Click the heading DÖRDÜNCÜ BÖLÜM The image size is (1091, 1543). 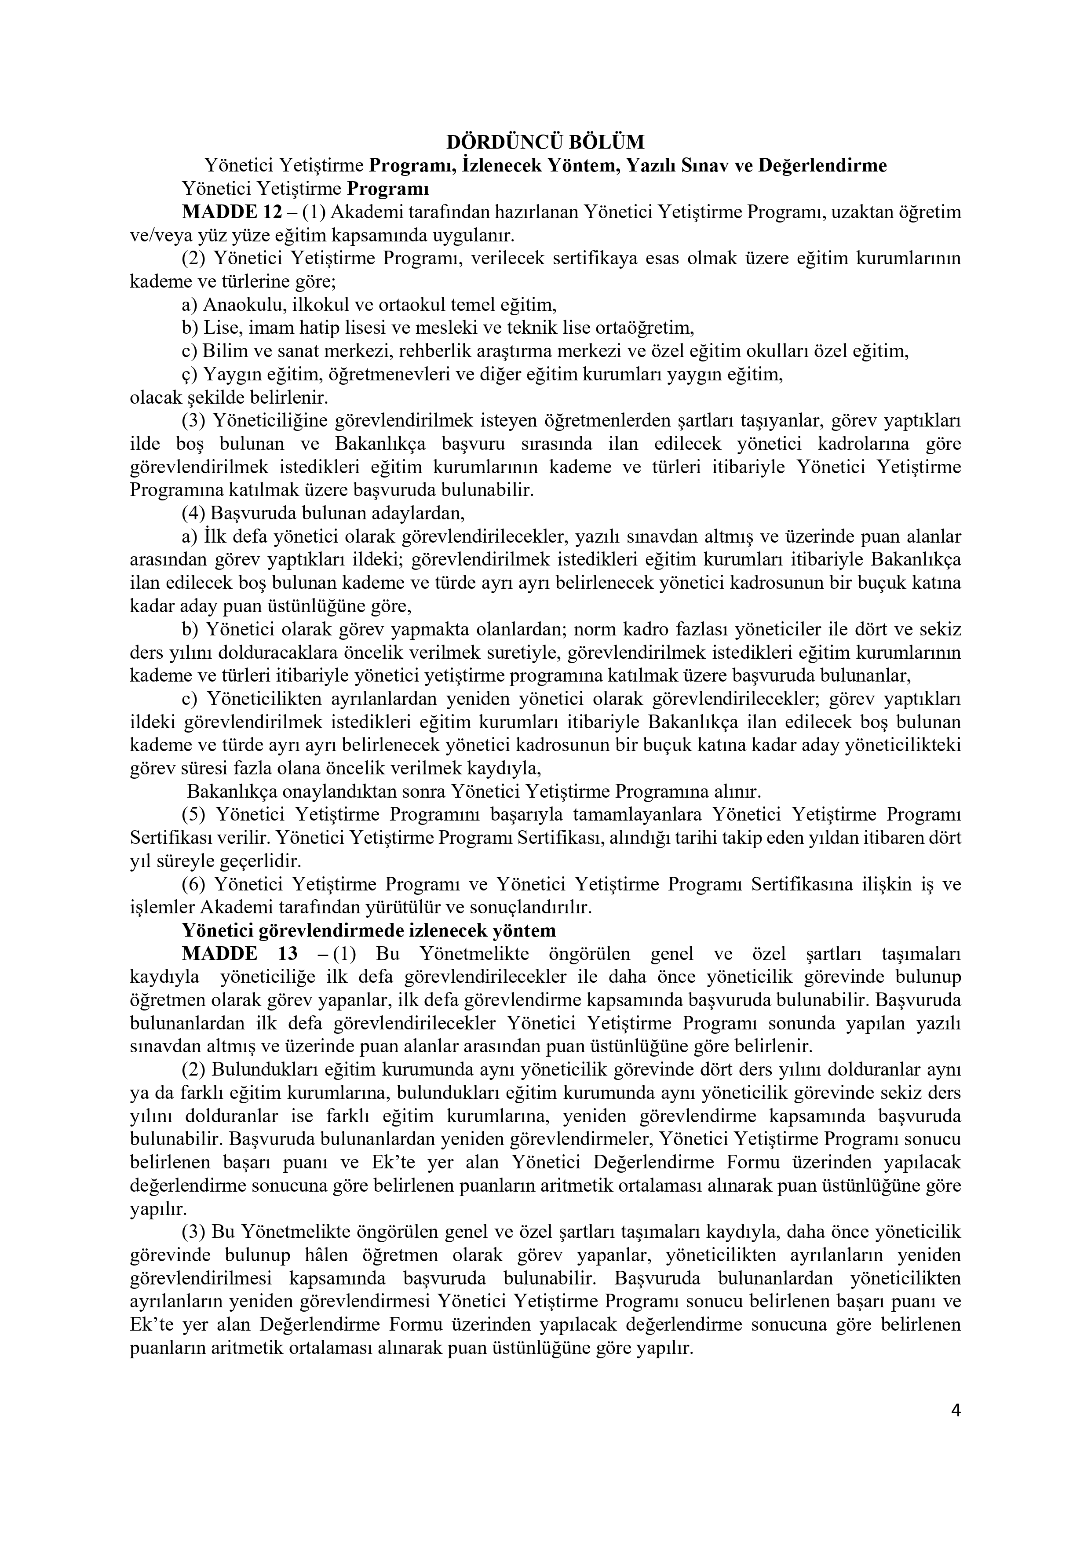click(x=545, y=142)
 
